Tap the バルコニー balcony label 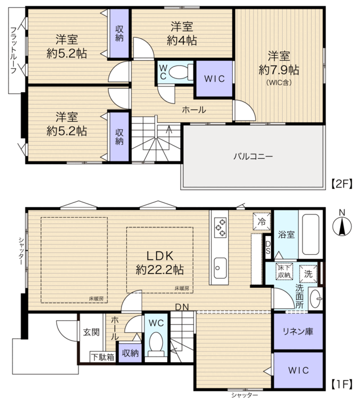tap(253, 156)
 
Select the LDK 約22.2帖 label tap(160, 263)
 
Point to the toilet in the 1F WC tap(156, 345)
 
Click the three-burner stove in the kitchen tap(220, 228)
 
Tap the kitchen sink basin tap(220, 268)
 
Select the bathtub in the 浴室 tap(311, 234)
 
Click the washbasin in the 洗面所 tap(316, 299)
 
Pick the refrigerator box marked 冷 tap(262, 221)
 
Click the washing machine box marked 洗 tap(308, 274)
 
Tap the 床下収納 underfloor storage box tap(284, 271)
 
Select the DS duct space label tap(268, 247)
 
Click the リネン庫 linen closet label tap(298, 331)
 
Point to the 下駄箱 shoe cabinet tap(103, 357)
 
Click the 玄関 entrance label tap(91, 332)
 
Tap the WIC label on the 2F tap(214, 78)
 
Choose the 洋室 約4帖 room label tap(182, 34)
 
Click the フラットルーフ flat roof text tap(14, 50)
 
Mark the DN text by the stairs tap(182, 307)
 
